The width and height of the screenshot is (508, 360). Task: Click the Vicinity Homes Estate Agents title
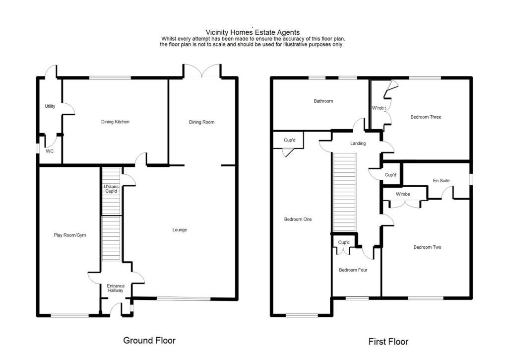pyautogui.click(x=253, y=33)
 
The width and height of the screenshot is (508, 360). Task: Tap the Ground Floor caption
pyautogui.click(x=149, y=341)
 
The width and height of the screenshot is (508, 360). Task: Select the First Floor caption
pyautogui.click(x=388, y=342)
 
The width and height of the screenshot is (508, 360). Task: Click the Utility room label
pyautogui.click(x=50, y=106)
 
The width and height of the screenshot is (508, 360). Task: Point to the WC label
pyautogui.click(x=50, y=151)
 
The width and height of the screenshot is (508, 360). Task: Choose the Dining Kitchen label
pyautogui.click(x=115, y=122)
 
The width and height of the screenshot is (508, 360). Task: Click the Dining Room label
pyautogui.click(x=201, y=122)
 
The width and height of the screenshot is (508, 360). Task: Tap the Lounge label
pyautogui.click(x=180, y=230)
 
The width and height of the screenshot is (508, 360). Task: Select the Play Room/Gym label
pyautogui.click(x=70, y=235)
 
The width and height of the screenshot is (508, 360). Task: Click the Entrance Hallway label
pyautogui.click(x=116, y=288)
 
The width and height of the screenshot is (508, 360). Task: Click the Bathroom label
pyautogui.click(x=323, y=101)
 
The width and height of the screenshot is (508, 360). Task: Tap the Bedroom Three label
pyautogui.click(x=426, y=117)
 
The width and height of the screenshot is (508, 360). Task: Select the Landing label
pyautogui.click(x=358, y=144)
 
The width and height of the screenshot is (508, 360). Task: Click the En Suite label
pyautogui.click(x=441, y=181)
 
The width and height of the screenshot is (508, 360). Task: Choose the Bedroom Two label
pyautogui.click(x=427, y=247)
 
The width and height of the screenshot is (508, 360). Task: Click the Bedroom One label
pyautogui.click(x=298, y=219)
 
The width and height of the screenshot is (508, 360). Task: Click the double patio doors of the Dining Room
pyautogui.click(x=202, y=72)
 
